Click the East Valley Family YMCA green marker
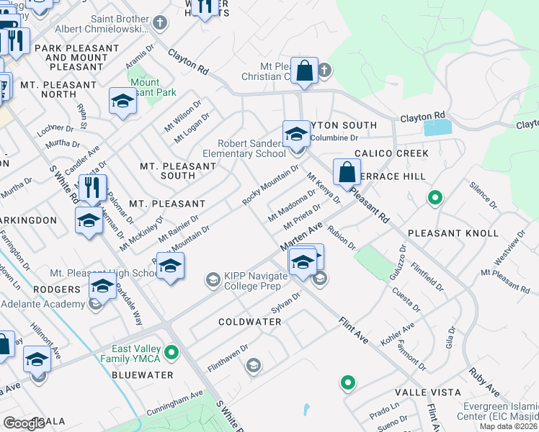171,353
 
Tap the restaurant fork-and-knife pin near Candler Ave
92,189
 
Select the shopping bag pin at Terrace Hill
347,173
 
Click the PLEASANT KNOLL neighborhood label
453,233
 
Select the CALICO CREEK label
392,153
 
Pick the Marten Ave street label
301,237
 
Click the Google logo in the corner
24,423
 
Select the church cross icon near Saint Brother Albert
159,23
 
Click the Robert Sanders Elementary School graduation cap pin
296,135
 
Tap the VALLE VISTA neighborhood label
422,392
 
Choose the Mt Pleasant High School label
104,274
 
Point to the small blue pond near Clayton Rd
437,127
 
